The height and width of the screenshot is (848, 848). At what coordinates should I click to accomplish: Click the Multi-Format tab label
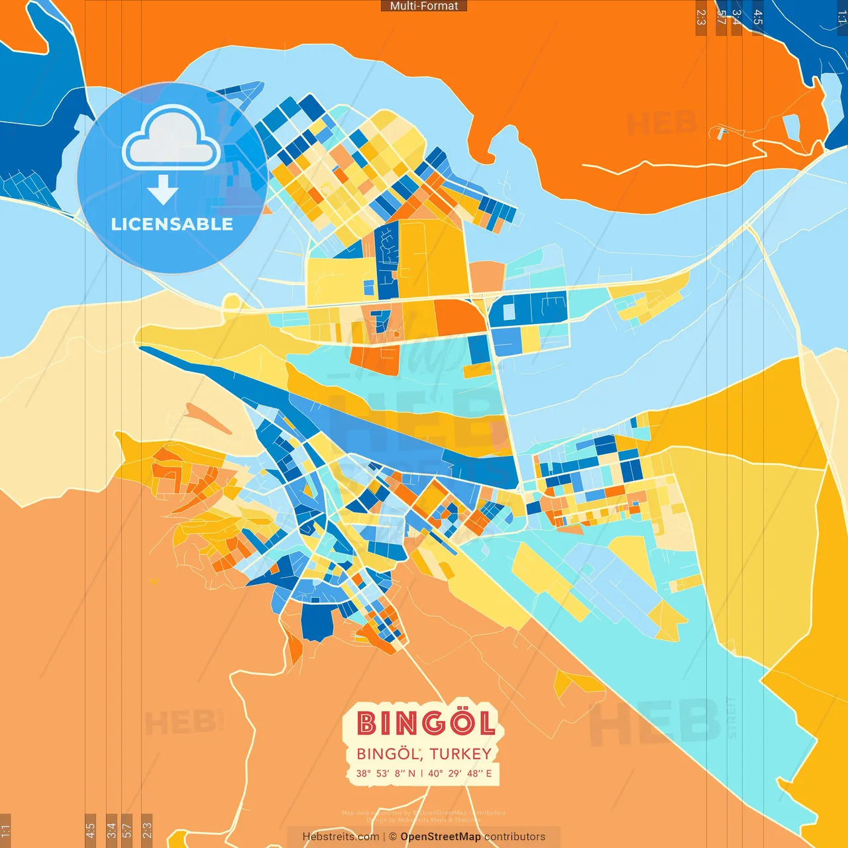(424, 6)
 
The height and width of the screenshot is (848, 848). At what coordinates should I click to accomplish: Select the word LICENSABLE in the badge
(172, 225)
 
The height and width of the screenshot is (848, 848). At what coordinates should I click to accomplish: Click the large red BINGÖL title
(426, 723)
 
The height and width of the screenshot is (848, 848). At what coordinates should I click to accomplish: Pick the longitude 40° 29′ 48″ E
(460, 773)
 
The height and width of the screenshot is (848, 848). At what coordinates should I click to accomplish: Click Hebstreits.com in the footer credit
(341, 837)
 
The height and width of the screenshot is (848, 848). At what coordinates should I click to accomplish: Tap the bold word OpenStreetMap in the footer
(441, 837)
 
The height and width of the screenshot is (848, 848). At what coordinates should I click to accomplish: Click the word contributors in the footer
(515, 837)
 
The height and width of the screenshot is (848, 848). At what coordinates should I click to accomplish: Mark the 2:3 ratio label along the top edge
(701, 17)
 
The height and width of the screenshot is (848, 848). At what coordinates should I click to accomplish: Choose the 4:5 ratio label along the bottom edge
(91, 831)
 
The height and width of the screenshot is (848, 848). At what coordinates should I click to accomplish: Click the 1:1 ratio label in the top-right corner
(841, 17)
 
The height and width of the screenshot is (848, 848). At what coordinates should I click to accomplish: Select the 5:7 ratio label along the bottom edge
(127, 831)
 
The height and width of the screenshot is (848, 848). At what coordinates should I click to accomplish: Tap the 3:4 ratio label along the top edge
(736, 17)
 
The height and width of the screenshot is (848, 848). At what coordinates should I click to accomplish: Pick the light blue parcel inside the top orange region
(791, 125)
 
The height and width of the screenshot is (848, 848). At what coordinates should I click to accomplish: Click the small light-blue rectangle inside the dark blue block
(509, 311)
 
